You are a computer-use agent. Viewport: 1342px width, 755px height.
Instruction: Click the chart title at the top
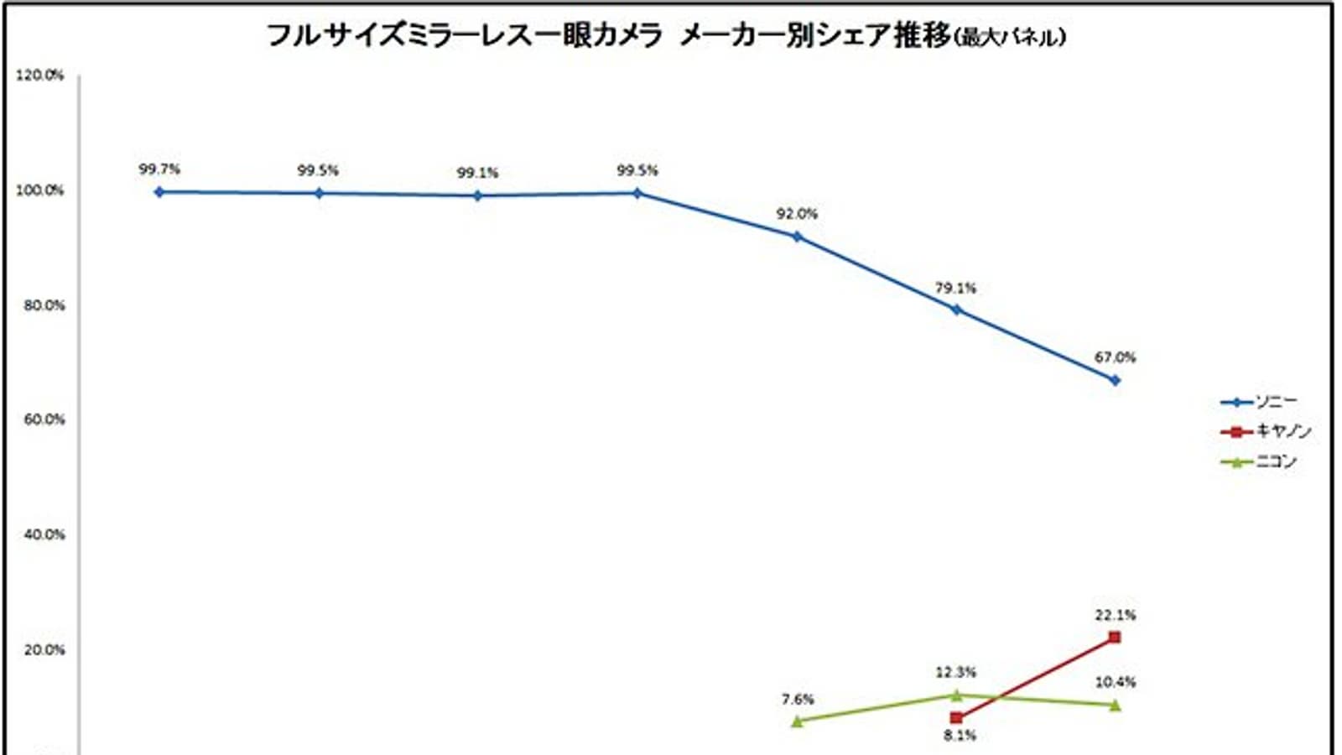(x=666, y=36)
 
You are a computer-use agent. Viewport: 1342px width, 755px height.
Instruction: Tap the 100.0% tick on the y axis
(x=39, y=190)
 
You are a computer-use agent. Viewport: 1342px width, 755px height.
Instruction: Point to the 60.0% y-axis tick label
(x=44, y=419)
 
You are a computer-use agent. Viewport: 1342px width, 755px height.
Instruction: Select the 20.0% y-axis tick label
(x=44, y=649)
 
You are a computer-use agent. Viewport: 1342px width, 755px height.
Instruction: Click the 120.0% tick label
(x=39, y=75)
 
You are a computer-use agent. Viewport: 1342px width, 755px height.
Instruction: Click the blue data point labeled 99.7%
(x=159, y=192)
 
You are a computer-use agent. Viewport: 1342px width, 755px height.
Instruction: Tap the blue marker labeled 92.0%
(x=797, y=237)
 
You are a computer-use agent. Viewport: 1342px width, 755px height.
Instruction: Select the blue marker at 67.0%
(x=1115, y=380)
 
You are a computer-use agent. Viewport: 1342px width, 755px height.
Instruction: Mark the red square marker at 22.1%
(x=1115, y=638)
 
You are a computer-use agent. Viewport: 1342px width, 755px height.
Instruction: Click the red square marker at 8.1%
(x=956, y=718)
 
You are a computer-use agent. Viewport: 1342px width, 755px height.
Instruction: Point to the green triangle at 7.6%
(x=797, y=721)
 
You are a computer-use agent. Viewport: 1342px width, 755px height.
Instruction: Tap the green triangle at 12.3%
(x=956, y=695)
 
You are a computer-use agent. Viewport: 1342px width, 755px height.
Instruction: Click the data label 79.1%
(x=955, y=288)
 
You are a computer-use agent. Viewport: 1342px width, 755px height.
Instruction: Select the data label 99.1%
(x=477, y=173)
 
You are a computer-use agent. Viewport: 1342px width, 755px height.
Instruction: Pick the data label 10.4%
(x=1115, y=682)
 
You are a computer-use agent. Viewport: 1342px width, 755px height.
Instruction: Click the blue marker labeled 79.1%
(x=956, y=310)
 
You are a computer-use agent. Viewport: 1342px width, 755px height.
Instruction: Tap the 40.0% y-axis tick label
(x=44, y=534)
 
